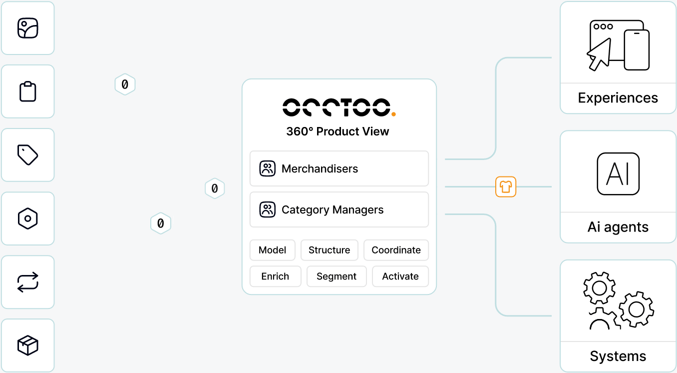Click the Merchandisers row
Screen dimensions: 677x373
339,168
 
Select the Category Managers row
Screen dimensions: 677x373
339,209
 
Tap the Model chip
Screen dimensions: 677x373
272,250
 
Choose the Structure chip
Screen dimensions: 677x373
329,250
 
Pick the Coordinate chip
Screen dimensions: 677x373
396,250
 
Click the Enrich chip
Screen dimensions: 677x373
275,276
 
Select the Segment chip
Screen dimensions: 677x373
337,276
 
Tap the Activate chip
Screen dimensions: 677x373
400,276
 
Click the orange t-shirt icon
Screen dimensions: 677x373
506,187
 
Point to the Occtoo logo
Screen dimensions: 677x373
339,107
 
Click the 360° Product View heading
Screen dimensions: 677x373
338,131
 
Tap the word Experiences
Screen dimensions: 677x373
618,98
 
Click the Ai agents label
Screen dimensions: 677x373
618,227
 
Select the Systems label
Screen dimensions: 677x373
618,356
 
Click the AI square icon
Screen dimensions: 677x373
618,174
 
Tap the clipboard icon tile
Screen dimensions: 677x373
28,91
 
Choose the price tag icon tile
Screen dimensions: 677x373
28,155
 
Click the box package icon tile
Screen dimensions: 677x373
28,345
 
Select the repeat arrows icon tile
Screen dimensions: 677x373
28,282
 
